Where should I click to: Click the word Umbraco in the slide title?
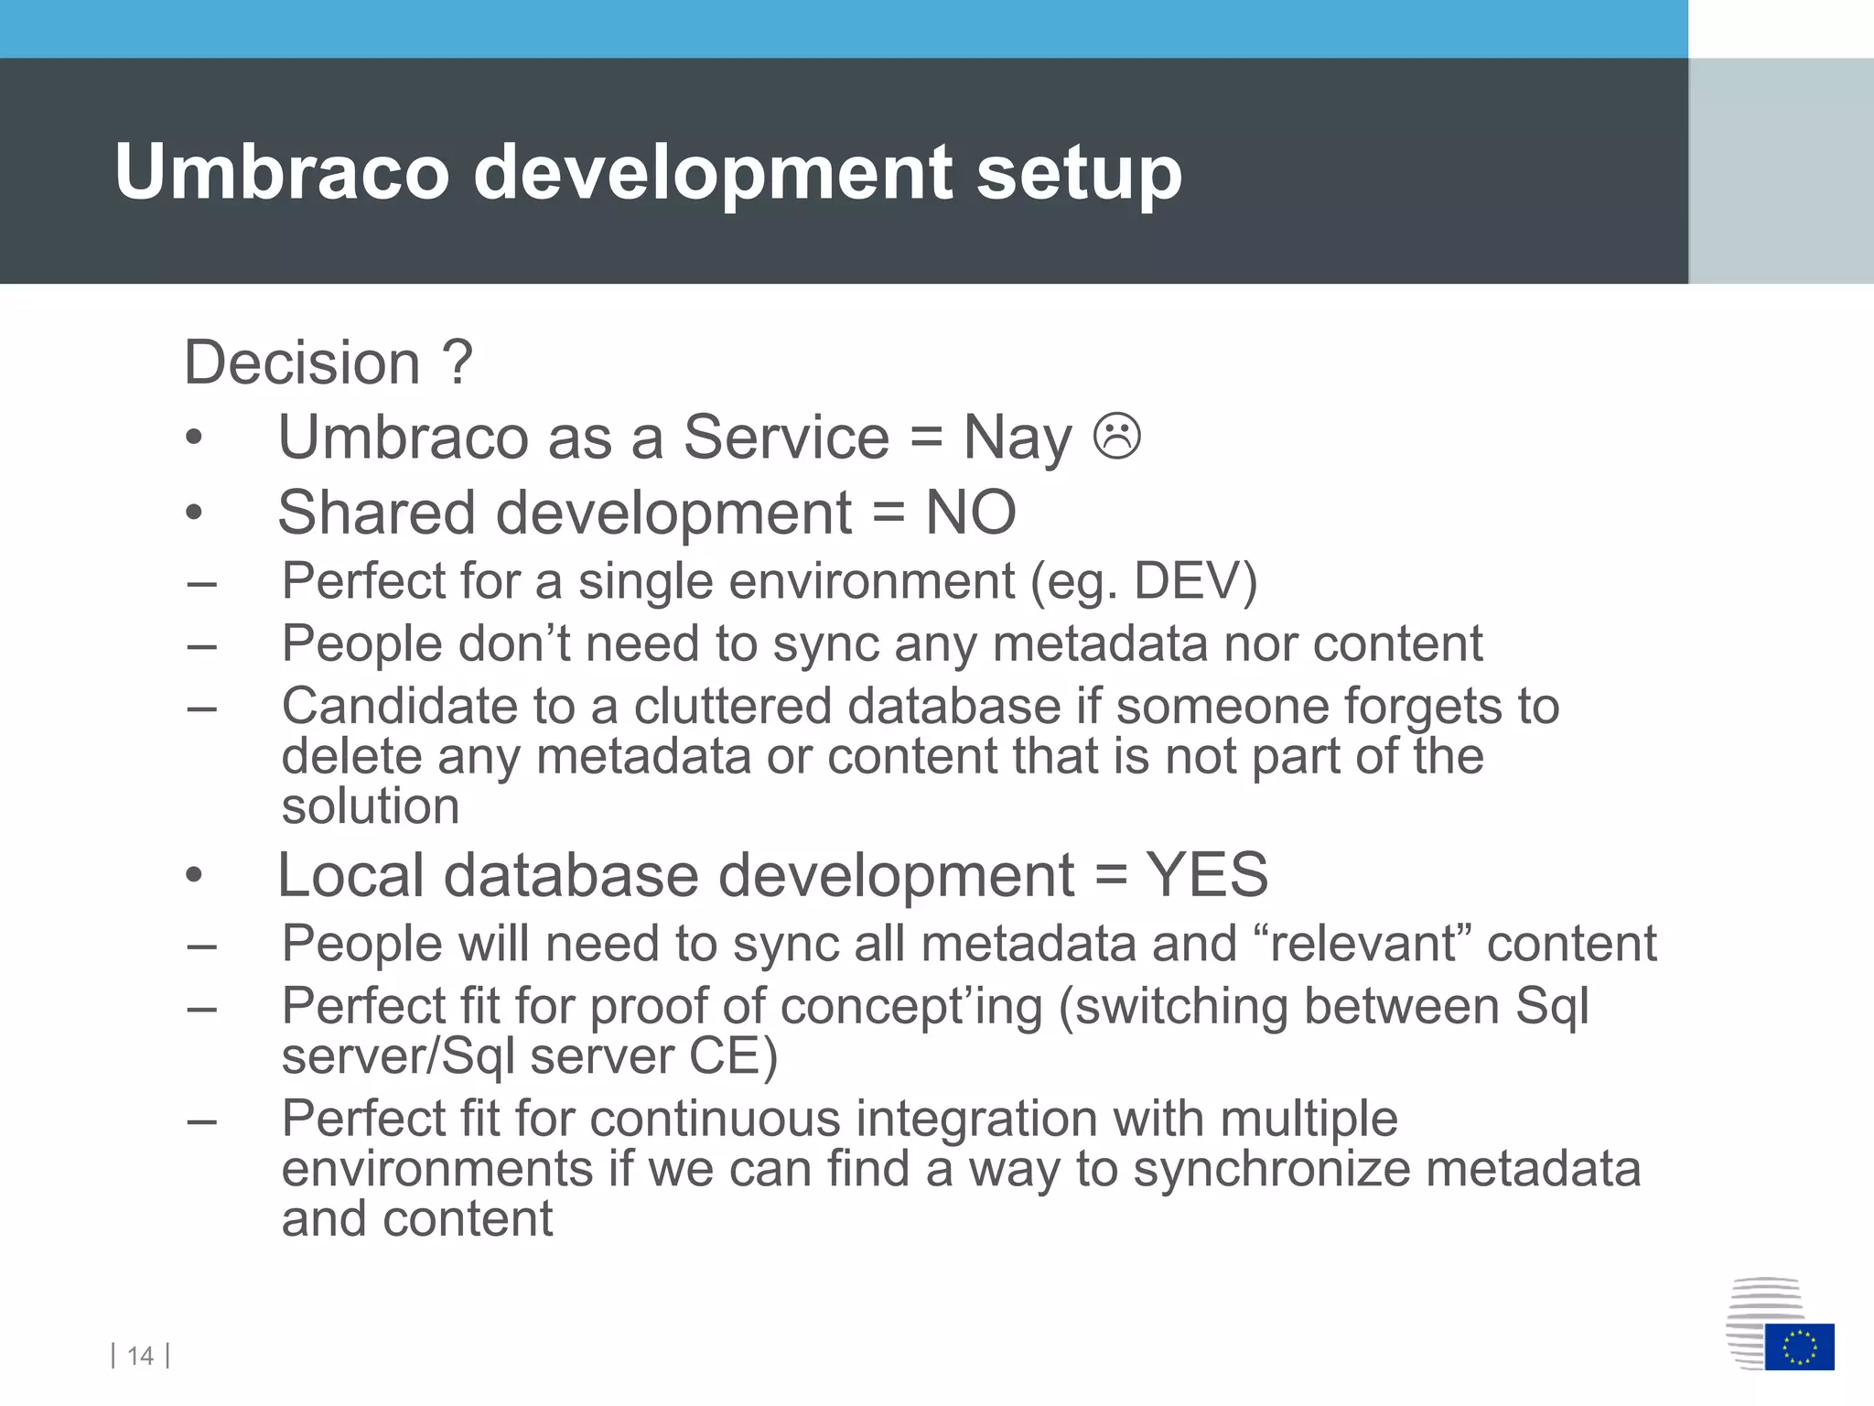(282, 172)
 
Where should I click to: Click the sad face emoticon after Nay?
(1116, 436)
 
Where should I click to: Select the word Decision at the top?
(302, 362)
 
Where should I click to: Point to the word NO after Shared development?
(970, 512)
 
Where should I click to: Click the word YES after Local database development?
(1207, 874)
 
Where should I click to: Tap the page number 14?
(140, 1356)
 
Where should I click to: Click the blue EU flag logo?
(1799, 1346)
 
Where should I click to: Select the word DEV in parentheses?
(1186, 580)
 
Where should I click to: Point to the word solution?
(370, 806)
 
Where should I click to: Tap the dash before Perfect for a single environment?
(201, 582)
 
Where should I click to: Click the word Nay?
(1017, 438)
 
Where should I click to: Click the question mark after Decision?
(457, 362)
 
